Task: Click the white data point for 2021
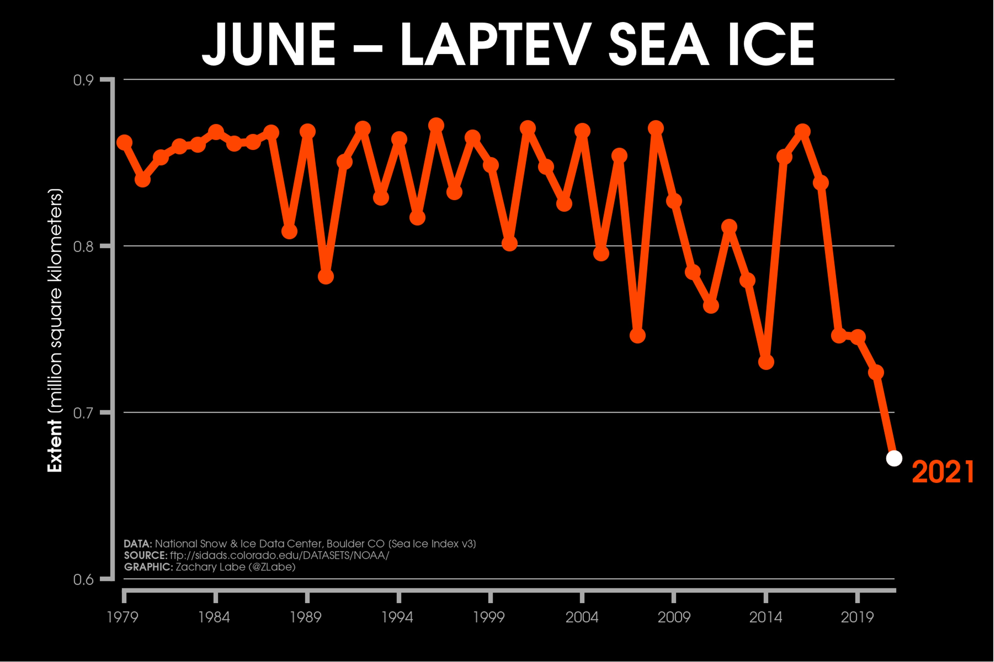(894, 458)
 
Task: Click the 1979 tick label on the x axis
(123, 617)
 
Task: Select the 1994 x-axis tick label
(398, 617)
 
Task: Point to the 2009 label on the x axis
(674, 617)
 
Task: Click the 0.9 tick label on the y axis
(83, 80)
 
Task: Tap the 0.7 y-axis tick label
(83, 413)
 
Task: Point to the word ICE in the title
(770, 44)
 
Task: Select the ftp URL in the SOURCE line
(279, 555)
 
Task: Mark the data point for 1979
(124, 143)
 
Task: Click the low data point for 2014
(766, 362)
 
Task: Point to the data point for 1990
(326, 277)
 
